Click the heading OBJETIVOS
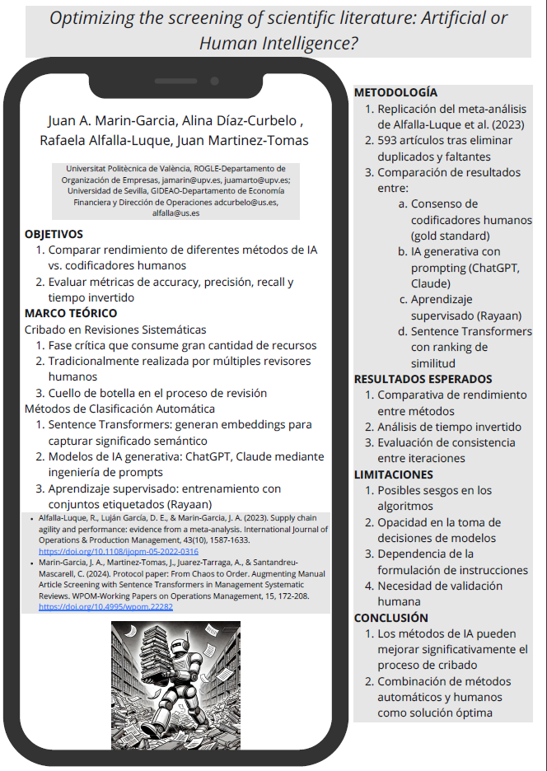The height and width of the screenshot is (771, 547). pyautogui.click(x=54, y=234)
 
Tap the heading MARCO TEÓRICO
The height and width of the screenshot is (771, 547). pyautogui.click(x=71, y=313)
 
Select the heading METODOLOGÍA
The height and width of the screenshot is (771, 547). pyautogui.click(x=395, y=92)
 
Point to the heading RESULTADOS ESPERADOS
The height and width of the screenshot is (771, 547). pyautogui.click(x=423, y=379)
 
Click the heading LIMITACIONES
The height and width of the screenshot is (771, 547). pyautogui.click(x=393, y=474)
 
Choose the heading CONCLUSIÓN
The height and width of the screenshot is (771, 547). pyautogui.click(x=390, y=618)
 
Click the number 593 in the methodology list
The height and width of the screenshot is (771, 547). pyautogui.click(x=388, y=140)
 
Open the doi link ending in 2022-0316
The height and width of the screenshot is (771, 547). pyautogui.click(x=119, y=551)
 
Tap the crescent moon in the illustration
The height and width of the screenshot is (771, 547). pyautogui.click(x=130, y=630)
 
